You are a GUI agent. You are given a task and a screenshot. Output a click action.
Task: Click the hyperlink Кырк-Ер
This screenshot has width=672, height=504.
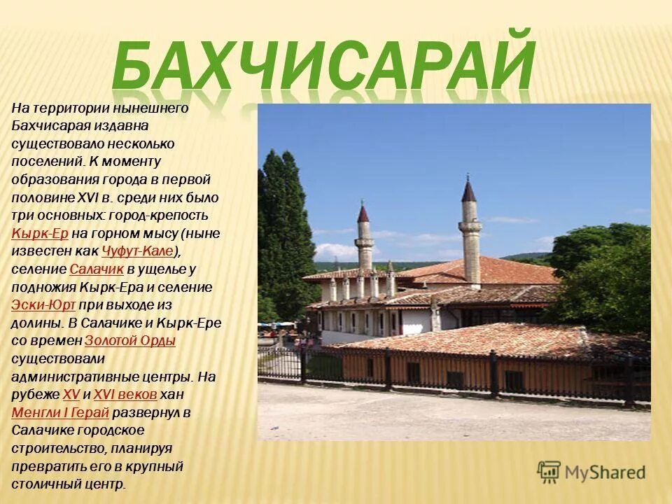[39, 233]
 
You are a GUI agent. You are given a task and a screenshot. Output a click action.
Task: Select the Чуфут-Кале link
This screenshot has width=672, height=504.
[137, 251]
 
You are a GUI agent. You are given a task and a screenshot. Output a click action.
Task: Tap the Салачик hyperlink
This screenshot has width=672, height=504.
[97, 269]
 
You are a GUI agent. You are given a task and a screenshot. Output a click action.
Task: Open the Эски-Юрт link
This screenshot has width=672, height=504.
[43, 305]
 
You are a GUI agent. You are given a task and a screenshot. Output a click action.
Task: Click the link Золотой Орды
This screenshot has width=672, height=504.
[129, 341]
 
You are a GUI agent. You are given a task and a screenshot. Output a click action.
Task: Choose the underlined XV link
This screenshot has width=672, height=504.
[71, 395]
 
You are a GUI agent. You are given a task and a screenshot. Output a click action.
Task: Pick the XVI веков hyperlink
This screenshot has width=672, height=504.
[125, 395]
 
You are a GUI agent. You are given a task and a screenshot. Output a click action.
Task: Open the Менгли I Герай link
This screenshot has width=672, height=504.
[60, 412]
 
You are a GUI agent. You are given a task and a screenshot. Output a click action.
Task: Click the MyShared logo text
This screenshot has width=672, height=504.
[605, 472]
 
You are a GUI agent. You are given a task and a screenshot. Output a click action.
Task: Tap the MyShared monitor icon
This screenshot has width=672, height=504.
[549, 472]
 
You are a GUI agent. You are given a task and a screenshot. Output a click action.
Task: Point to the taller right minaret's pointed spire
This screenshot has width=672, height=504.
[468, 190]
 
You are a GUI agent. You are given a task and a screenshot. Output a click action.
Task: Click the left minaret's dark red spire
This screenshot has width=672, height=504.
[363, 213]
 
